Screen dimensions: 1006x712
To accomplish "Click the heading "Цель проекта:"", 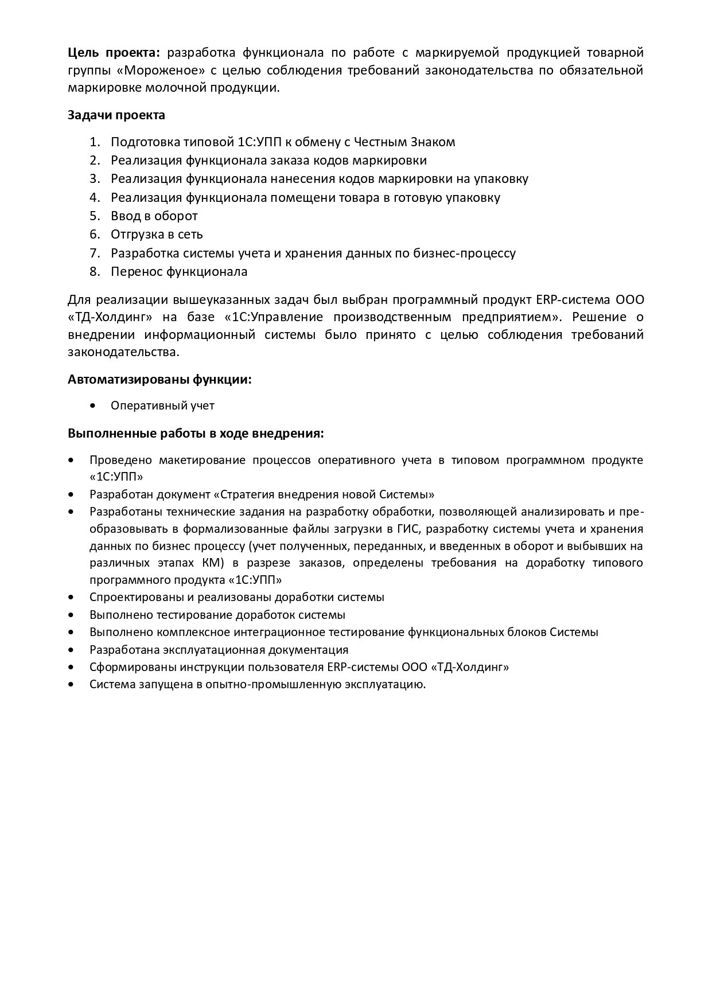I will click(115, 53).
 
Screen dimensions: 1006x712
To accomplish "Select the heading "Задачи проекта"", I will click(116, 115).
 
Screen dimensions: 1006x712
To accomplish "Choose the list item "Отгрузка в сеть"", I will click(157, 235).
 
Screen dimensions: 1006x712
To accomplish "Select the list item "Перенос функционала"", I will click(179, 272).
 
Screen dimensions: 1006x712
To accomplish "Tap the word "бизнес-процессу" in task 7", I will click(464, 254).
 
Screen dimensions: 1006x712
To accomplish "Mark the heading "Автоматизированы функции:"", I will click(159, 380).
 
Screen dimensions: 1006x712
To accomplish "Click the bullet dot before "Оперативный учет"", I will click(94, 405).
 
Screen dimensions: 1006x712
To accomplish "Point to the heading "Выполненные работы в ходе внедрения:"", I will click(196, 434).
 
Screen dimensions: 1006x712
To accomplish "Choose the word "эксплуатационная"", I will click(216, 650).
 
